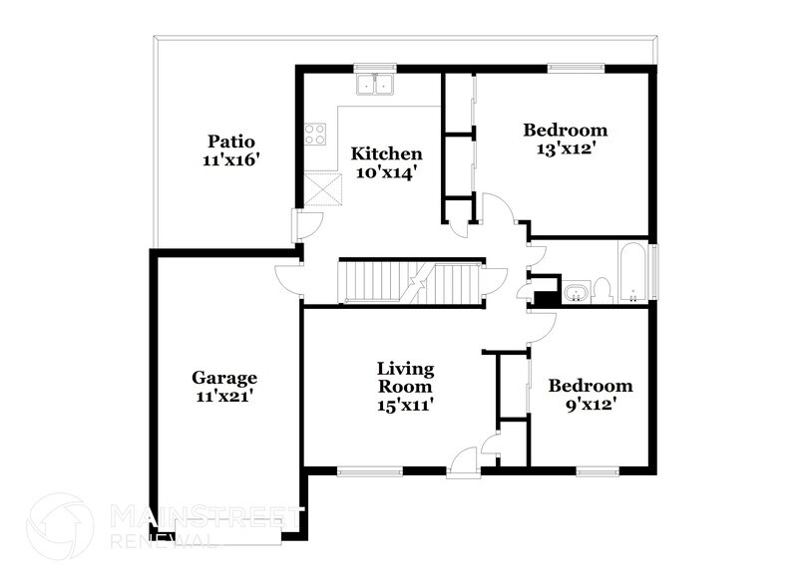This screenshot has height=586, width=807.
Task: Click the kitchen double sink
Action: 376,86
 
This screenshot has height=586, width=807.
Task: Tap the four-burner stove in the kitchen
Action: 316,134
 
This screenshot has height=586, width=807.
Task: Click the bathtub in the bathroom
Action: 633,271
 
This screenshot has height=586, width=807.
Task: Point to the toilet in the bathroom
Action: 602,290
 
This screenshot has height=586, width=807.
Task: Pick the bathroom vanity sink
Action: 577,293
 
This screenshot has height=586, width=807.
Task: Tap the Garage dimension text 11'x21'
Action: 224,396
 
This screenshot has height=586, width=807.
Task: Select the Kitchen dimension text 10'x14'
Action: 386,172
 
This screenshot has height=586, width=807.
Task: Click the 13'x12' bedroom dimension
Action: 566,148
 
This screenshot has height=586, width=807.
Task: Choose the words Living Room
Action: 404,377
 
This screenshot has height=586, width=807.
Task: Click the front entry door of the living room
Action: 462,461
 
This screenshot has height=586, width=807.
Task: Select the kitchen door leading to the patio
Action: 298,226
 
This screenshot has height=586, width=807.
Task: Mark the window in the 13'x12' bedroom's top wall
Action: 573,68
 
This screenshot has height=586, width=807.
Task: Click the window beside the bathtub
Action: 655,270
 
